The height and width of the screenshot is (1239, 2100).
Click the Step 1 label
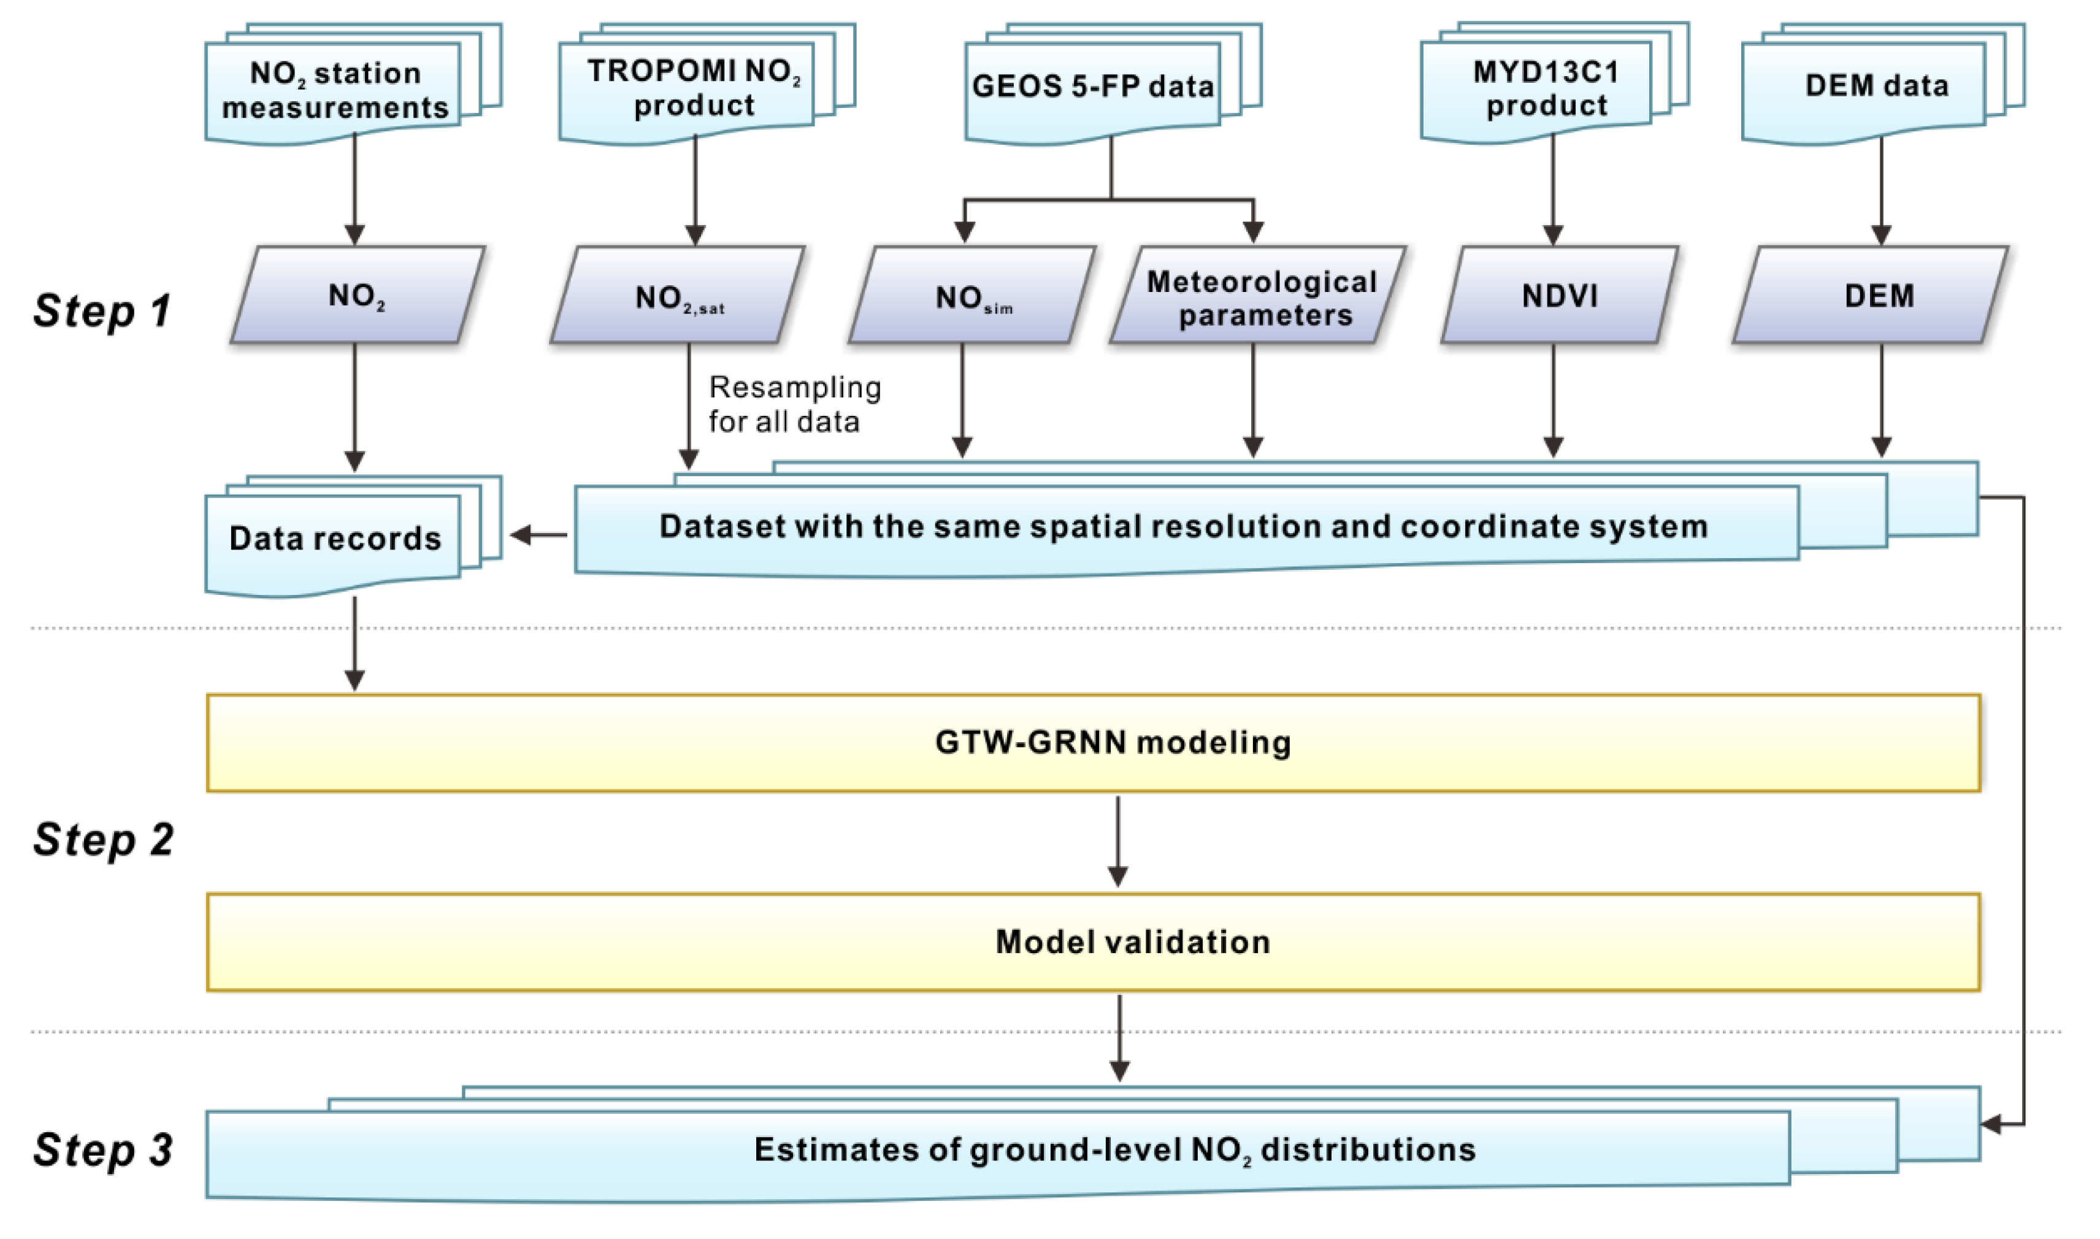(x=102, y=310)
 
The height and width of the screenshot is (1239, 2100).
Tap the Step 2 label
(x=102, y=840)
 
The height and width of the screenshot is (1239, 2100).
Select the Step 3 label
(x=102, y=1149)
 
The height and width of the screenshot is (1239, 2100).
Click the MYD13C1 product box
(x=1546, y=88)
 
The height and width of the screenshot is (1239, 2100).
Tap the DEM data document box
(x=1876, y=86)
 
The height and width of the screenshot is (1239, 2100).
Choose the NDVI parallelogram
(x=1559, y=296)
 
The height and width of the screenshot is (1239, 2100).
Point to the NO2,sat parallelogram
(x=678, y=297)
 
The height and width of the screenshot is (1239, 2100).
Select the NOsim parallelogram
(x=972, y=297)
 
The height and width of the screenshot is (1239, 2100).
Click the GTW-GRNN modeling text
(x=1113, y=742)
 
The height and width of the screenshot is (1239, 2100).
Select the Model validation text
(x=1133, y=942)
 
